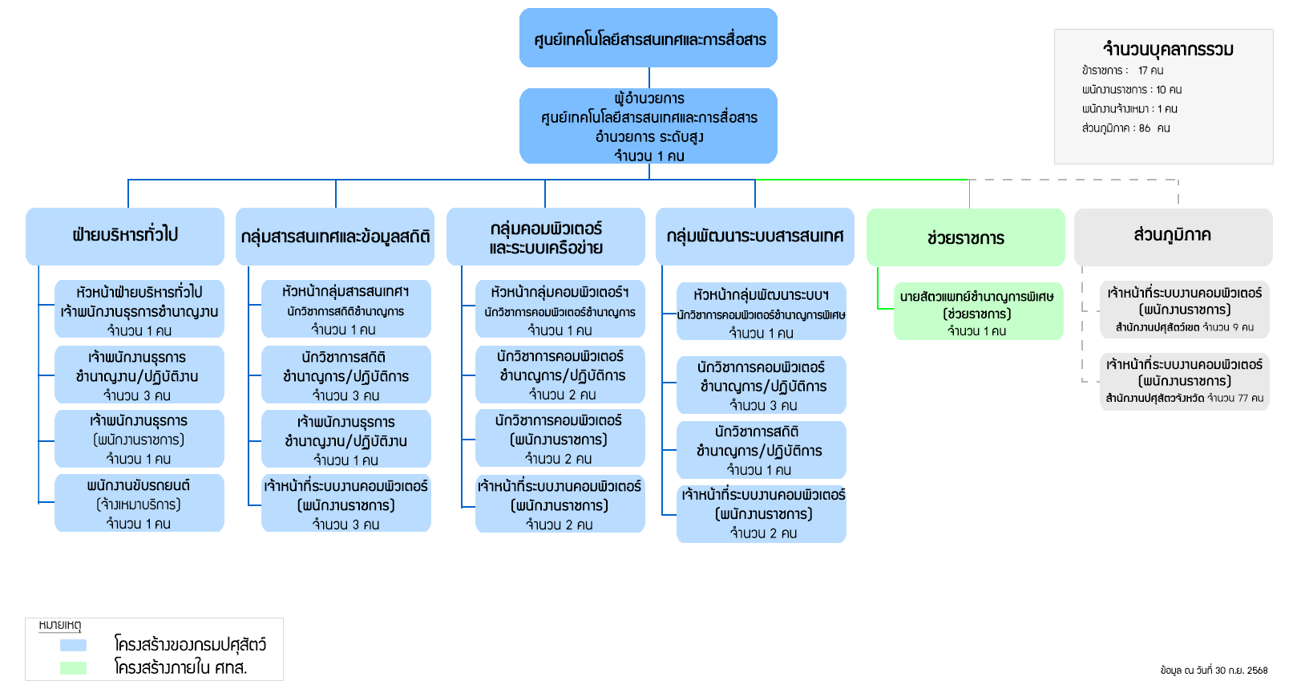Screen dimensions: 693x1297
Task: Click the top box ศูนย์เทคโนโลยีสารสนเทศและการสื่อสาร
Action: pyautogui.click(x=648, y=38)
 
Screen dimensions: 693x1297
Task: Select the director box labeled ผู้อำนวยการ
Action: pyautogui.click(x=648, y=126)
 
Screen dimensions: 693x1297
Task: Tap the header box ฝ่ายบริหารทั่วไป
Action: pyautogui.click(x=125, y=236)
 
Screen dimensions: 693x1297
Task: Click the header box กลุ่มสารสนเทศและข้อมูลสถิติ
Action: pyautogui.click(x=335, y=237)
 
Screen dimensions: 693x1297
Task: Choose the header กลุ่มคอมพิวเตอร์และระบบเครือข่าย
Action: pyautogui.click(x=546, y=237)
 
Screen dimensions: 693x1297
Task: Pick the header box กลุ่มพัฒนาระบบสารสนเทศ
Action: pyautogui.click(x=754, y=237)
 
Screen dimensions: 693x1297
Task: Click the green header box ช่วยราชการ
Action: pyautogui.click(x=965, y=238)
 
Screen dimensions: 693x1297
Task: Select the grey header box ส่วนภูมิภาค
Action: pyautogui.click(x=1172, y=236)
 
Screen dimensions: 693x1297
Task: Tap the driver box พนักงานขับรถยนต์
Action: pyautogui.click(x=139, y=504)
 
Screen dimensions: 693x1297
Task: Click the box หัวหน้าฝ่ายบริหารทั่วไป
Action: pyautogui.click(x=139, y=310)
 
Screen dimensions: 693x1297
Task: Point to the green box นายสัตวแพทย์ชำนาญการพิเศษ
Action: pyautogui.click(x=978, y=313)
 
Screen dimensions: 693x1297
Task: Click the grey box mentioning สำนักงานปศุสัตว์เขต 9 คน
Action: pyautogui.click(x=1184, y=310)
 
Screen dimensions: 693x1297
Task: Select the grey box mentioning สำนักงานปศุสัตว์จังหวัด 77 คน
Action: pyautogui.click(x=1184, y=381)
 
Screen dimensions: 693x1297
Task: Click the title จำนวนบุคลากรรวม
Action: pyautogui.click(x=1168, y=50)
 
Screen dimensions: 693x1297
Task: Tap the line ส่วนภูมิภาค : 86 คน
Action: pyautogui.click(x=1125, y=128)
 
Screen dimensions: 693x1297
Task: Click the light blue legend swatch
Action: pyautogui.click(x=73, y=645)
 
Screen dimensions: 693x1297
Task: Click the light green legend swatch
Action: pyautogui.click(x=73, y=667)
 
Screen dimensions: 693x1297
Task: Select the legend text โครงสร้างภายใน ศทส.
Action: pyautogui.click(x=180, y=667)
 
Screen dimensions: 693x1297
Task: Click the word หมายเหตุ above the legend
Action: pyautogui.click(x=60, y=625)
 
